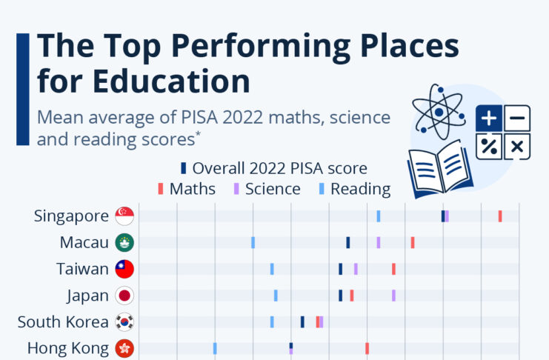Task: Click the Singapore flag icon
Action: [124, 216]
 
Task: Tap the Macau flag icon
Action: [124, 242]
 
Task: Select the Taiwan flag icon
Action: [124, 269]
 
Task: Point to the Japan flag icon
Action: [124, 296]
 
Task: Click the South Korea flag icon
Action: [124, 321]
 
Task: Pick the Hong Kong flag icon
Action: [124, 348]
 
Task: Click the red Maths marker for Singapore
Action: [500, 216]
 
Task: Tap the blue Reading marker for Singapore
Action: [378, 216]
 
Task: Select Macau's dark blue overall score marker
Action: [348, 242]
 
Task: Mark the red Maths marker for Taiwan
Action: [393, 269]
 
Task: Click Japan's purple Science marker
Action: [393, 296]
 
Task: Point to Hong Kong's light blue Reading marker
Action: [215, 348]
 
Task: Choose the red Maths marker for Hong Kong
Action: [367, 348]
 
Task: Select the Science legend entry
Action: [267, 189]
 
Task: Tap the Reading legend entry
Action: [355, 189]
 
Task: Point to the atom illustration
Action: [439, 112]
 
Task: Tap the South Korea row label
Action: [63, 322]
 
